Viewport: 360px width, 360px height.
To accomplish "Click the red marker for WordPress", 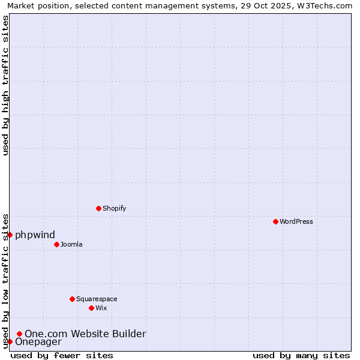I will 275,221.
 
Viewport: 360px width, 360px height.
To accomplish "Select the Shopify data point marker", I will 98,208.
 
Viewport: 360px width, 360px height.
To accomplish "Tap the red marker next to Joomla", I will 56,244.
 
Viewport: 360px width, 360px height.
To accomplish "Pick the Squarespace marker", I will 72,299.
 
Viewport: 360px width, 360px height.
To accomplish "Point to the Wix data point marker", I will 91,308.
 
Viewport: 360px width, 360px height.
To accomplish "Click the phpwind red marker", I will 10,235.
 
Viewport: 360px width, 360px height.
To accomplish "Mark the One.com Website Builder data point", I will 19,334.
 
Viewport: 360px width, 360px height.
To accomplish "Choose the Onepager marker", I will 10,341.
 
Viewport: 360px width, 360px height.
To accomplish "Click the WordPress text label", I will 296,221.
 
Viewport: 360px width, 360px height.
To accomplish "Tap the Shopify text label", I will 114,208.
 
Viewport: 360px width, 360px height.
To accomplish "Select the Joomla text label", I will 71,244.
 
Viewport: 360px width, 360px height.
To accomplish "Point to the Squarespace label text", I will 97,299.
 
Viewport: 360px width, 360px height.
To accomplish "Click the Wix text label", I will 101,308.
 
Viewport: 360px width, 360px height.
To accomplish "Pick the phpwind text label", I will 35,235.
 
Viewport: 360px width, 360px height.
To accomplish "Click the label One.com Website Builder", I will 85,334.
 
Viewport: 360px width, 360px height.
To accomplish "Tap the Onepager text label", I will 38,342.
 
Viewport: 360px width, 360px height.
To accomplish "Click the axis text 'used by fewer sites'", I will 62,355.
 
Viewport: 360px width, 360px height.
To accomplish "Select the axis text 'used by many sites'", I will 301,355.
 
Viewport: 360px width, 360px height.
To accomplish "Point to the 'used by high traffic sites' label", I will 5,85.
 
